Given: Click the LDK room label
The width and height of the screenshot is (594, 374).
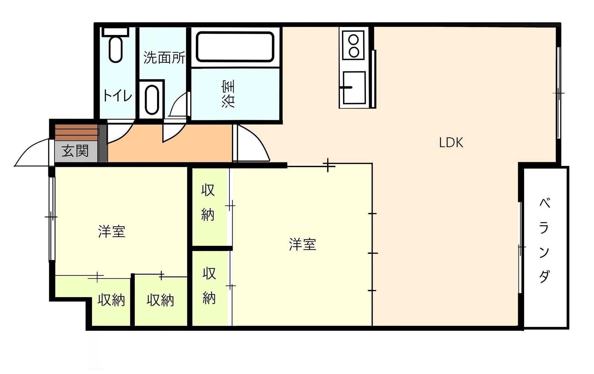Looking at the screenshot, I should [451, 143].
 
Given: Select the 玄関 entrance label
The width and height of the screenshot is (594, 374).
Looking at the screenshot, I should [75, 151].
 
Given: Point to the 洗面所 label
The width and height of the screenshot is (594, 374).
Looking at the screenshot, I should [164, 57].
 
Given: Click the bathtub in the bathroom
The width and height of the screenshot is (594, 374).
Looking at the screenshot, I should [235, 47].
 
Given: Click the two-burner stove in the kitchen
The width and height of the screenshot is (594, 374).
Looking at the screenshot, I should [353, 46].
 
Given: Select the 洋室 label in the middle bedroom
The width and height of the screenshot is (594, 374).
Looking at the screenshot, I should [302, 244].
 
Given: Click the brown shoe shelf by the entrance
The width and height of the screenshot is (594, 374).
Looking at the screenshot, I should [76, 132].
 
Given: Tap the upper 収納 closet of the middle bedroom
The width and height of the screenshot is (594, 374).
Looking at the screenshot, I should [208, 202].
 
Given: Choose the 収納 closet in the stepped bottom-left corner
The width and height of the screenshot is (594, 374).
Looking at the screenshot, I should [111, 300].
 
